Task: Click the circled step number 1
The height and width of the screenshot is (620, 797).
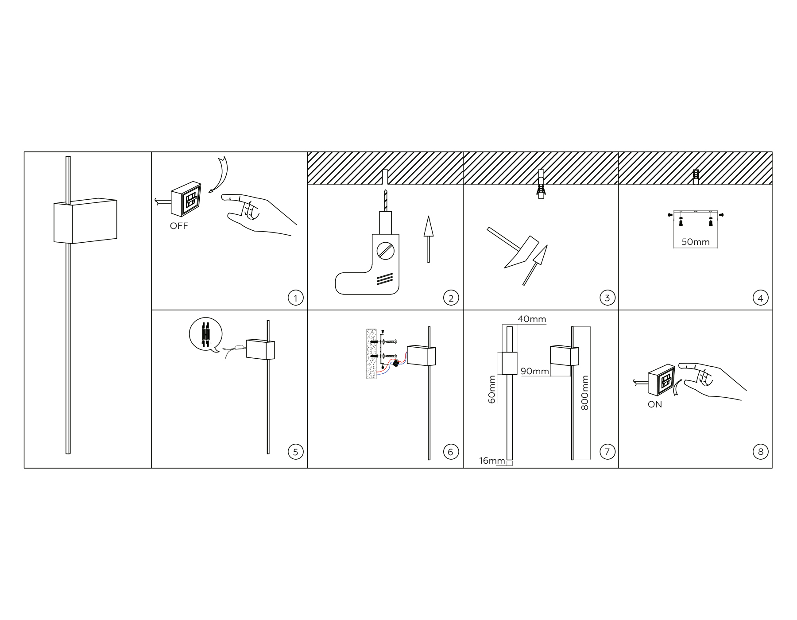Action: [x=295, y=298]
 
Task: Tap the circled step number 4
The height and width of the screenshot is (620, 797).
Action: [x=760, y=298]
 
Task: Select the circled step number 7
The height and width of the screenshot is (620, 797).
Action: [x=607, y=451]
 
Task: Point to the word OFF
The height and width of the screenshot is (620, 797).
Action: [x=179, y=226]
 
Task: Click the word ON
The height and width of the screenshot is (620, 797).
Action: [x=655, y=404]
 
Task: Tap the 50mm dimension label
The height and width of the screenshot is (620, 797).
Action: [x=696, y=242]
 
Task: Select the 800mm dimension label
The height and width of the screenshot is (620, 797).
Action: [x=584, y=393]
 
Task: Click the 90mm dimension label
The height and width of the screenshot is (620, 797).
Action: [x=535, y=371]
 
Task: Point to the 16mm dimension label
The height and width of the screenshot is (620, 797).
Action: [x=492, y=461]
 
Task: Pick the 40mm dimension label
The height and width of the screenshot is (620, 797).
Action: [x=532, y=319]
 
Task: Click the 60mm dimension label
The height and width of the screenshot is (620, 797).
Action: [x=491, y=389]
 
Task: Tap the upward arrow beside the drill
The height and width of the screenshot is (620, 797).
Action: [x=428, y=239]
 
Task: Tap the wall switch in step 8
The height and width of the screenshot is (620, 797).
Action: [x=661, y=380]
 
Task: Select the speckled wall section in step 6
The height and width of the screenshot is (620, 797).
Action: [x=371, y=353]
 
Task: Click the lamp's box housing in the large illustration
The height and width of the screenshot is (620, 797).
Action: [x=85, y=221]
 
